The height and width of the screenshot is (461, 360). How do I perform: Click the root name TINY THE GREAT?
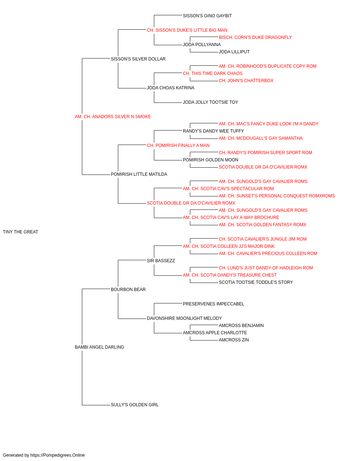coord(21,232)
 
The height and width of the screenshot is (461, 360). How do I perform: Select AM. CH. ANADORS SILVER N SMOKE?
coord(113,117)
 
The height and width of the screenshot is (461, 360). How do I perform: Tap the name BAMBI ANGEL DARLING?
coord(99,347)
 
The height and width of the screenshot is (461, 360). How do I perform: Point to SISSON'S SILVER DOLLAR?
coord(138,59)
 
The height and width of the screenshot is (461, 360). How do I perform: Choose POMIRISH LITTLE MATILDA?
coord(139,174)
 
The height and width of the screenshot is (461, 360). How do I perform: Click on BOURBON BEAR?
coord(128,290)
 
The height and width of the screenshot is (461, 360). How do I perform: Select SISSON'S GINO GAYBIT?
coord(207,16)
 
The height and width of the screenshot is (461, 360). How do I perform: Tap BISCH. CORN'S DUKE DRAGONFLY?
coord(255,37)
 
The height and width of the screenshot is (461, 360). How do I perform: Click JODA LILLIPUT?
coord(234,52)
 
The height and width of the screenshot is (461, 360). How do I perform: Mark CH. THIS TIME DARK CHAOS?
coord(213,73)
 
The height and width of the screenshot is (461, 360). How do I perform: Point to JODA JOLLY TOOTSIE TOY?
coord(211,102)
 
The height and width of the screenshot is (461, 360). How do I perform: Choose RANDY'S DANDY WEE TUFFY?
coord(213,131)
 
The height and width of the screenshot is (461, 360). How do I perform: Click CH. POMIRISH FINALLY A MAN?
coord(178,146)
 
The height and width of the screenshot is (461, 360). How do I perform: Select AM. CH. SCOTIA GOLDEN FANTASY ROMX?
coord(262,225)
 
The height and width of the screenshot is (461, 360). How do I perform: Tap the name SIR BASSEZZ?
coord(161,261)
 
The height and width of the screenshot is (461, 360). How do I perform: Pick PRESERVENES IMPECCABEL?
coord(213,304)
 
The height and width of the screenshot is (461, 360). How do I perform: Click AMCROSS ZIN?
coord(234,340)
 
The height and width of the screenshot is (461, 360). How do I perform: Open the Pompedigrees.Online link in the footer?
coord(58,455)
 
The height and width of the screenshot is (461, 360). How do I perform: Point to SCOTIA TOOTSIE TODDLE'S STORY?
coord(256,282)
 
